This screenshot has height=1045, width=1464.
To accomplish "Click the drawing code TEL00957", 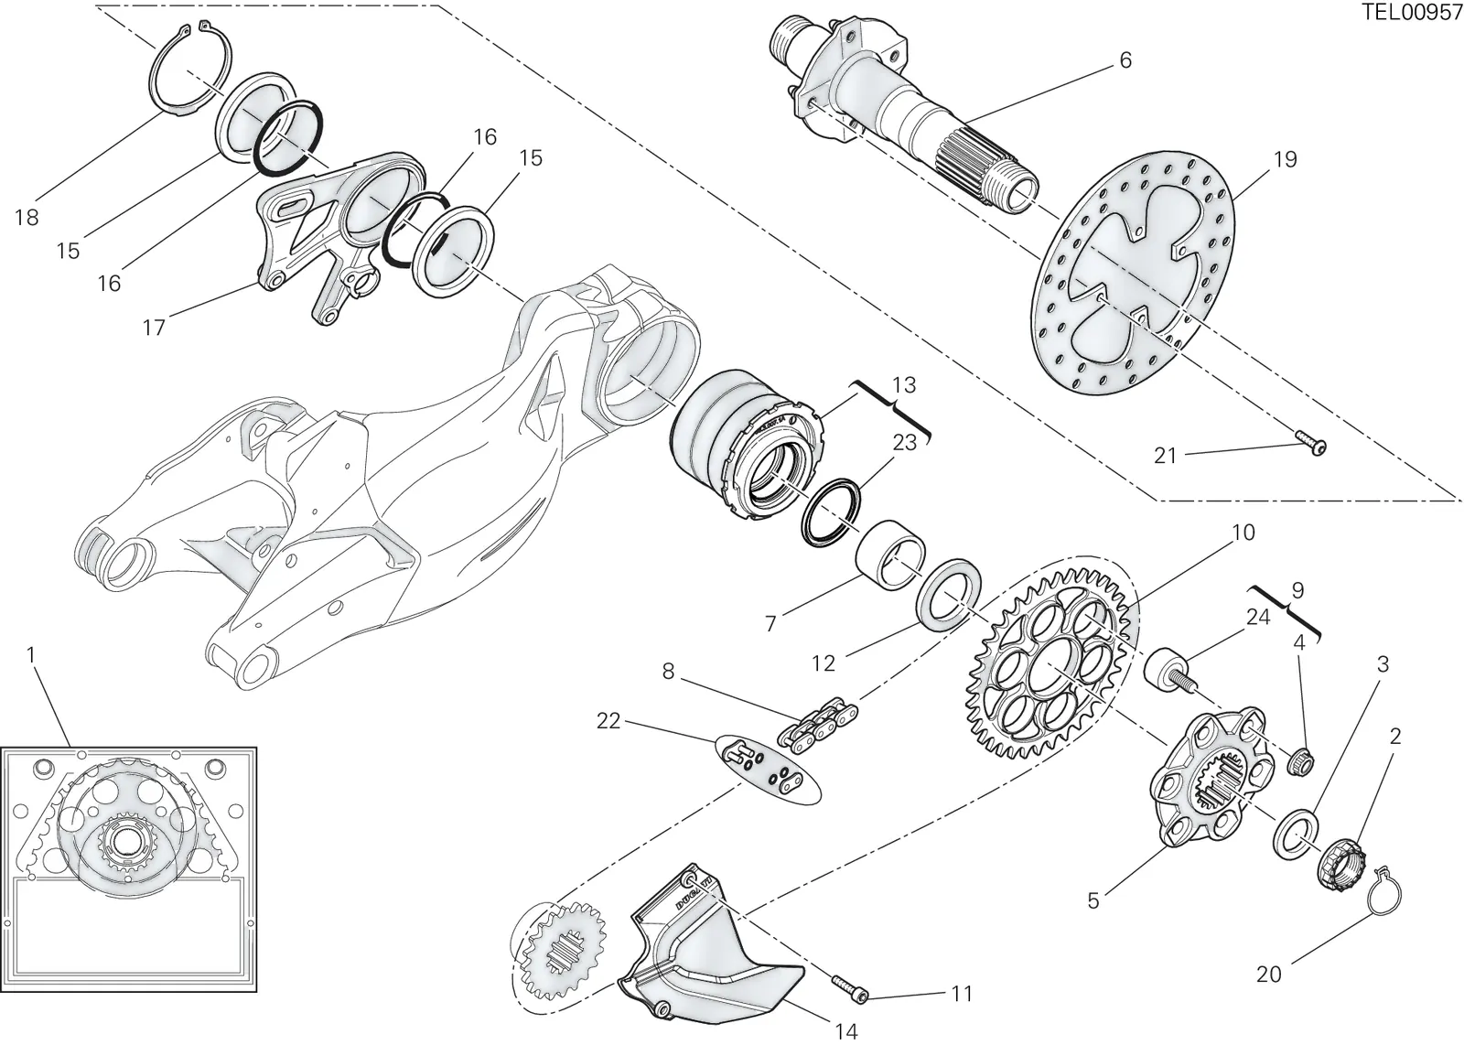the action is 1412,12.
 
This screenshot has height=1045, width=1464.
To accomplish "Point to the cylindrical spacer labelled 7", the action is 891,555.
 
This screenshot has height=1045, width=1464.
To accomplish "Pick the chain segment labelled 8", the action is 817,726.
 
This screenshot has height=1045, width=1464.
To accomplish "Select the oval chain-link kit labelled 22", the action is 769,770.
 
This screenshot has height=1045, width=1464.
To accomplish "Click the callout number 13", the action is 904,385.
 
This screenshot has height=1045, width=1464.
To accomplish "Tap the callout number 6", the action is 1125,60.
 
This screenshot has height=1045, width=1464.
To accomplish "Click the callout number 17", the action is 155,327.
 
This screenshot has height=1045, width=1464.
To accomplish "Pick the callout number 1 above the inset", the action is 30,654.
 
